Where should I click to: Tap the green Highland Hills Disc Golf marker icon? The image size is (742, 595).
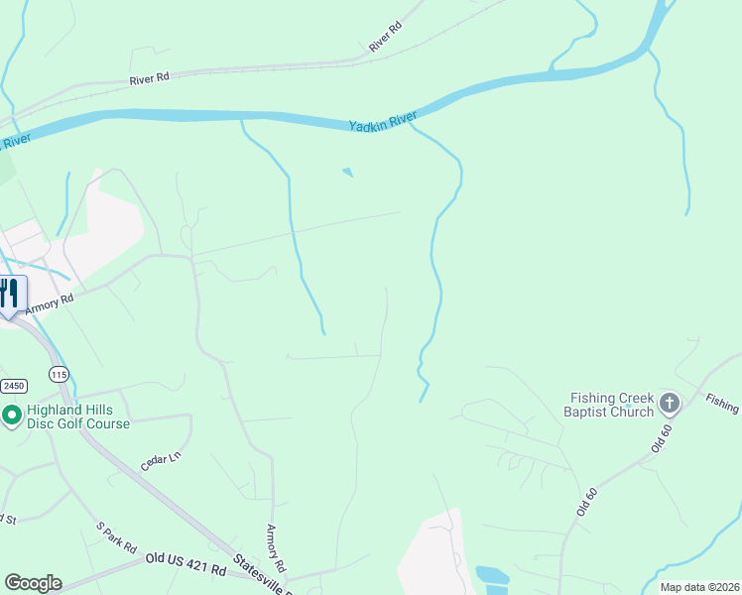click(x=12, y=416)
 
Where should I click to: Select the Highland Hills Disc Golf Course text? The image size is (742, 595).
click(x=77, y=416)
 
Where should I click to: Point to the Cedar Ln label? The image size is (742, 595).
click(x=161, y=462)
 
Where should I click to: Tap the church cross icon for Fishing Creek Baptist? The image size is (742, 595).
click(x=670, y=403)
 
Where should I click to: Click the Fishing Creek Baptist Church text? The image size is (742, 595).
click(x=608, y=405)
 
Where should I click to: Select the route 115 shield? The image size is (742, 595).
click(x=60, y=374)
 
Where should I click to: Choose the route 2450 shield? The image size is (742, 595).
click(x=12, y=385)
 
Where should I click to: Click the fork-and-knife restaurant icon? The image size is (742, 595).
click(x=9, y=294)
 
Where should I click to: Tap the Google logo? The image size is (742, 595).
click(x=33, y=582)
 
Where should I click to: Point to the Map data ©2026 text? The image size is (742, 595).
click(x=699, y=587)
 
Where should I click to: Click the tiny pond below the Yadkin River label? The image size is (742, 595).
click(x=347, y=173)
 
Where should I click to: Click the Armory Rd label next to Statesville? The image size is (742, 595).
click(x=276, y=548)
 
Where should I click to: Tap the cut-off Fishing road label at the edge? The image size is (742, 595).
click(x=723, y=402)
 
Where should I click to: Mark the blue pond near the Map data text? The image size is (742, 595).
click(x=492, y=576)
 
